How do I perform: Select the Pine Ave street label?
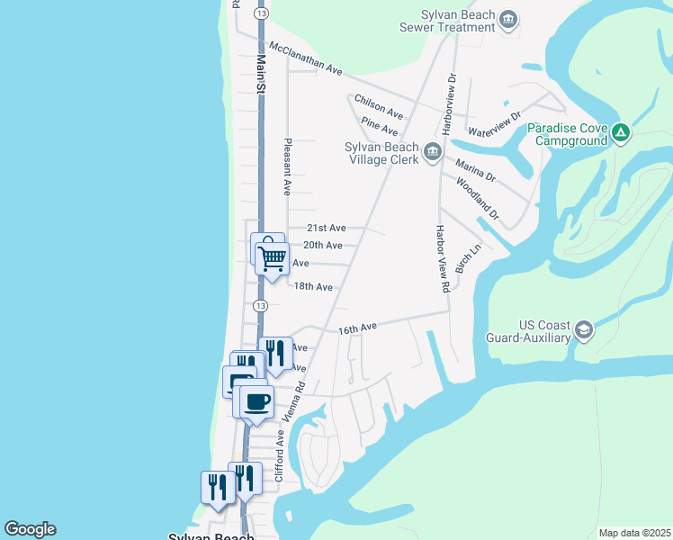point(379,126)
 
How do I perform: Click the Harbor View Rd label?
point(442,259)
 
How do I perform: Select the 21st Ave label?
point(325,229)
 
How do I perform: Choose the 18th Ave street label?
point(314,287)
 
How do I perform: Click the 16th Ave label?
point(357,330)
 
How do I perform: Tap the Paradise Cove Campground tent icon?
point(620,134)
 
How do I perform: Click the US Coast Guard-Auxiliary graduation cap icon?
point(585,330)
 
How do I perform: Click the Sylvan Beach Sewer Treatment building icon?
point(508,20)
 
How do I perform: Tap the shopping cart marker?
point(272,258)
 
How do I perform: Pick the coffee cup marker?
point(257,400)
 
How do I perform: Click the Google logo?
point(30,529)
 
